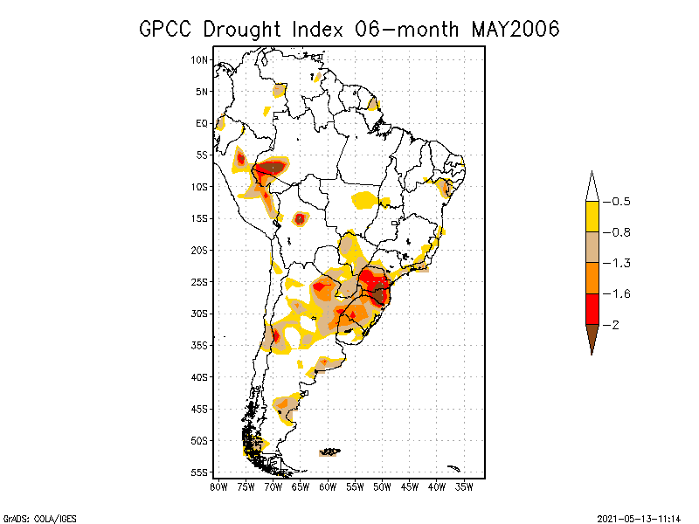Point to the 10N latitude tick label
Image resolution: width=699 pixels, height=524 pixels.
[199, 59]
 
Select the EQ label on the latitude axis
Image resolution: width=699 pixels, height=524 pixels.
[202, 123]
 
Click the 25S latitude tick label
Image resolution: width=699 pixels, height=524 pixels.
[199, 281]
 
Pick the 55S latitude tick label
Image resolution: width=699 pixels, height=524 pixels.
[199, 472]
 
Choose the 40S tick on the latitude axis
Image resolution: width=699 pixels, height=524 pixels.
[199, 376]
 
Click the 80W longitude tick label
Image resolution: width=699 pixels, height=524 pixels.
[218, 486]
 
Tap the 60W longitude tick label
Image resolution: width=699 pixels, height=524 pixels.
[328, 486]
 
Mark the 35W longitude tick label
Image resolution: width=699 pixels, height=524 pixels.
[464, 486]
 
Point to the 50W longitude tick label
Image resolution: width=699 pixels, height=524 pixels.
[382, 486]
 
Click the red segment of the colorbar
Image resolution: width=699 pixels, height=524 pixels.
[592, 308]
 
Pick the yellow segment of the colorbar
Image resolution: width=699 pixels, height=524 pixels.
[592, 217]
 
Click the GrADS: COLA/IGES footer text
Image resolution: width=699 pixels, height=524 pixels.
[32, 516]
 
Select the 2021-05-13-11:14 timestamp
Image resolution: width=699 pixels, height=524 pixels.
[639, 516]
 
